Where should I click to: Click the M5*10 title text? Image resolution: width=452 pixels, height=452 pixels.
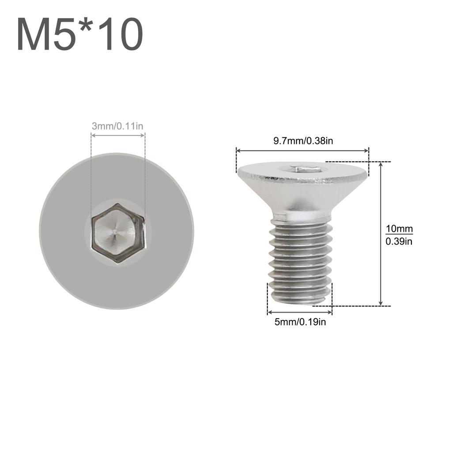[x=80, y=35]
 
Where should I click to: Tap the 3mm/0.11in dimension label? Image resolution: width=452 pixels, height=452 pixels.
[x=117, y=126]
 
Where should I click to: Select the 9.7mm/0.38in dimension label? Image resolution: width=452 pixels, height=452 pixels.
[x=303, y=141]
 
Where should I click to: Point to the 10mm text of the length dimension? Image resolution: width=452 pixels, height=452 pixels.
[x=399, y=229]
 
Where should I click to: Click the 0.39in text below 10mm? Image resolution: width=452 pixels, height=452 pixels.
[x=399, y=241]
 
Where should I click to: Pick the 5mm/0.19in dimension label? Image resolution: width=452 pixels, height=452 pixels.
[x=300, y=322]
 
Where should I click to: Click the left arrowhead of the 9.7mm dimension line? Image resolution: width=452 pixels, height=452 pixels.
[x=238, y=151]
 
